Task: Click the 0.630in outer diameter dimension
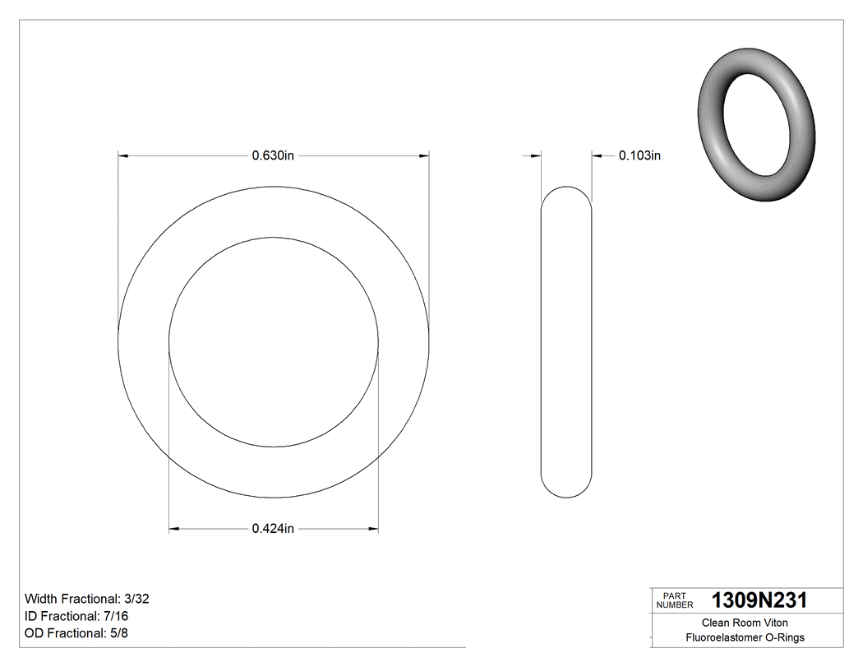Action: pos(273,155)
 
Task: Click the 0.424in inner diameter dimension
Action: pos(273,529)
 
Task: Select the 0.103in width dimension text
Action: pos(639,155)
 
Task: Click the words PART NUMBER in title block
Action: pos(675,600)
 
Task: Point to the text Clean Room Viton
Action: pos(745,623)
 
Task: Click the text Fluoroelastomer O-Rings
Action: pos(745,637)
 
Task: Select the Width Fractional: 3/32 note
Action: pos(87,599)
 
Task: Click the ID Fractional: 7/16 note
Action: pos(76,616)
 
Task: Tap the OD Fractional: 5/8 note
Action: pos(76,633)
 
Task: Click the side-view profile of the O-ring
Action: pos(565,341)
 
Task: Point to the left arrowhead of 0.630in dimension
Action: pos(124,155)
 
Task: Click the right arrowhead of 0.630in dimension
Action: pos(423,155)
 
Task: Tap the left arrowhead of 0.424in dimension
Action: pos(174,529)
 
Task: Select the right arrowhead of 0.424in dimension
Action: pos(373,529)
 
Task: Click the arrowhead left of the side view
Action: pos(535,155)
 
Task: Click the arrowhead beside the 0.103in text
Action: pos(598,155)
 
